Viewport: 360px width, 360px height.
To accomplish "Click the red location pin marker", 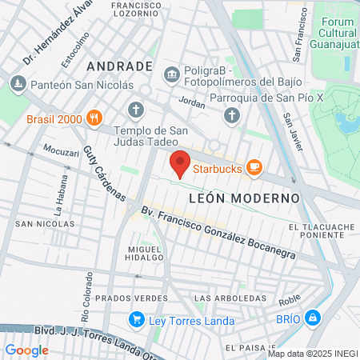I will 180,163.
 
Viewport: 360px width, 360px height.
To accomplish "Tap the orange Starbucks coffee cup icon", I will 254,166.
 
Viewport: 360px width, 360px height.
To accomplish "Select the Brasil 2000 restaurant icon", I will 94,119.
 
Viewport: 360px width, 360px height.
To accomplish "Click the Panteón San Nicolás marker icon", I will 17,83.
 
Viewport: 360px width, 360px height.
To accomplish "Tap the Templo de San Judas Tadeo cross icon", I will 136,109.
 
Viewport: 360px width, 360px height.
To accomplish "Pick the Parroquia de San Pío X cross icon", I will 232,116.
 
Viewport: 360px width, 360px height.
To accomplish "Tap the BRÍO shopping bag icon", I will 313,318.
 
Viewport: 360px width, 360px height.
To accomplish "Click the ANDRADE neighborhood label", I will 119,65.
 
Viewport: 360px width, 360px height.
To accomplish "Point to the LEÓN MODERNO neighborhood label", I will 244,197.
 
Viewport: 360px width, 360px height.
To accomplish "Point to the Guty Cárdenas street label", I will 105,173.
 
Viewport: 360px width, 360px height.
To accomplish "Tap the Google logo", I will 27,350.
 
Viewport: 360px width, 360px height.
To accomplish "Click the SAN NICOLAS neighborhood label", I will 45,224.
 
